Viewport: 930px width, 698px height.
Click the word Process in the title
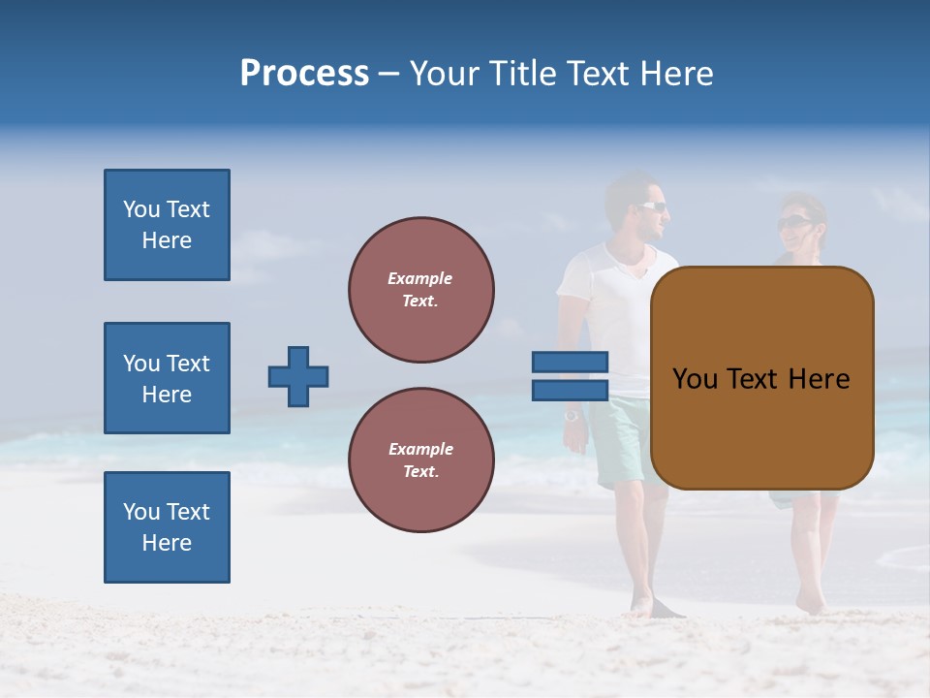304,74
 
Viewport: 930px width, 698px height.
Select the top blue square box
167,225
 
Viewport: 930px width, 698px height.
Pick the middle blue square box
167,378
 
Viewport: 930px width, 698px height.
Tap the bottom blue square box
167,526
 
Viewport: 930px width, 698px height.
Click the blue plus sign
298,376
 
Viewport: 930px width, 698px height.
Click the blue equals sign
570,376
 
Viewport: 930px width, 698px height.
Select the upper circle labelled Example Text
421,290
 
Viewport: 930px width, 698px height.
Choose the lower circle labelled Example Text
421,460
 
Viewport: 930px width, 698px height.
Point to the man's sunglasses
652,206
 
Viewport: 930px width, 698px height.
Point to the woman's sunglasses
793,223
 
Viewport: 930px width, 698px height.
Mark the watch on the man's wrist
572,415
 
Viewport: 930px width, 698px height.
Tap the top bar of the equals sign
570,362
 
